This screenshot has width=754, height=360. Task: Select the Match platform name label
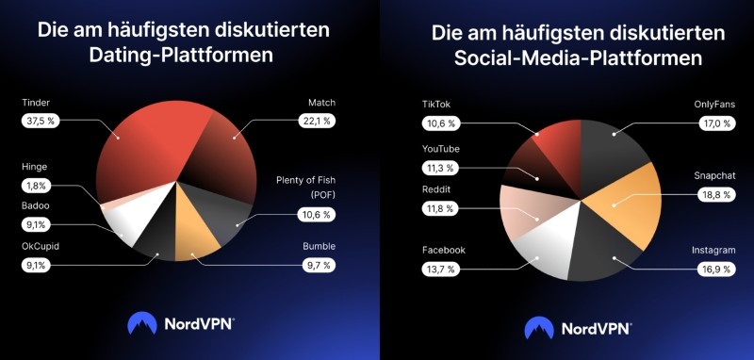321,102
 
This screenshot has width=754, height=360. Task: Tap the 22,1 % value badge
316,121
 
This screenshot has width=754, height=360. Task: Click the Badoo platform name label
36,205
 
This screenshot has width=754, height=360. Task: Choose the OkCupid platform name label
42,247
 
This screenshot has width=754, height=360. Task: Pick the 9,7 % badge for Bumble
316,266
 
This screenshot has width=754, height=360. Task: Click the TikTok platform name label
439,104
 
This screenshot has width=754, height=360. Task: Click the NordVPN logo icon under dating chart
141,324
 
